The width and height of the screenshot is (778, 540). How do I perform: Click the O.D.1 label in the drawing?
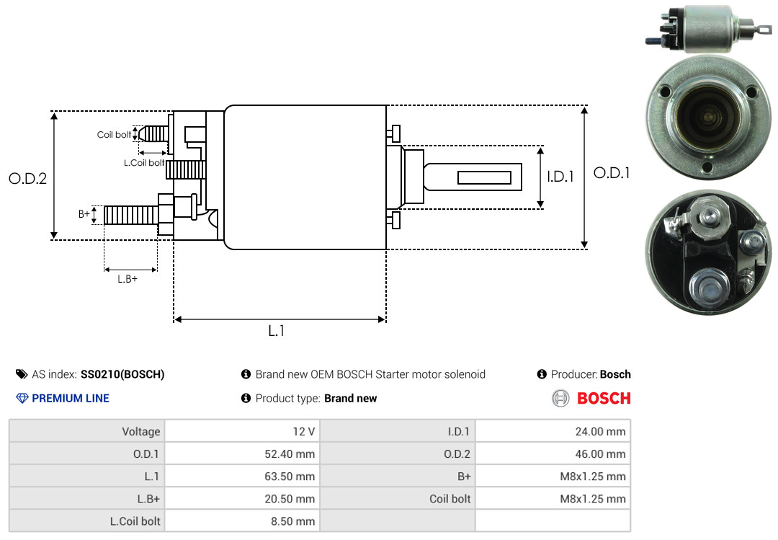tap(612, 173)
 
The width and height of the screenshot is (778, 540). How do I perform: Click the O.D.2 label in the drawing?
tap(27, 179)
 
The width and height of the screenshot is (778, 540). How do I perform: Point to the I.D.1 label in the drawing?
tap(560, 176)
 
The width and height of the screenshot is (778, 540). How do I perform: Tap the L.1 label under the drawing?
tap(277, 331)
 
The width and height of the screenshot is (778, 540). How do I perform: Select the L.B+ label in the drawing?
tap(128, 279)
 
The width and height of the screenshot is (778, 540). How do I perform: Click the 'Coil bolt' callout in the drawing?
tap(114, 135)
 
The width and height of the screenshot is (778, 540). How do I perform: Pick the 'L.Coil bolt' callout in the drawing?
tap(144, 163)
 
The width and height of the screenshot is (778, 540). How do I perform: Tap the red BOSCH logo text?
tap(604, 398)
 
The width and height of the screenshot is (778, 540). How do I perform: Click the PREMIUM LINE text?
tap(71, 398)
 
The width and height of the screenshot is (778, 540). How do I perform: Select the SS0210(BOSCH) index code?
tap(122, 374)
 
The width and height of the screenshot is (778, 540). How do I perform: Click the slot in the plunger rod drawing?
tap(484, 178)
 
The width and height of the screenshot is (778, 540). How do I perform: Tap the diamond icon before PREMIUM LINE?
tap(22, 398)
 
